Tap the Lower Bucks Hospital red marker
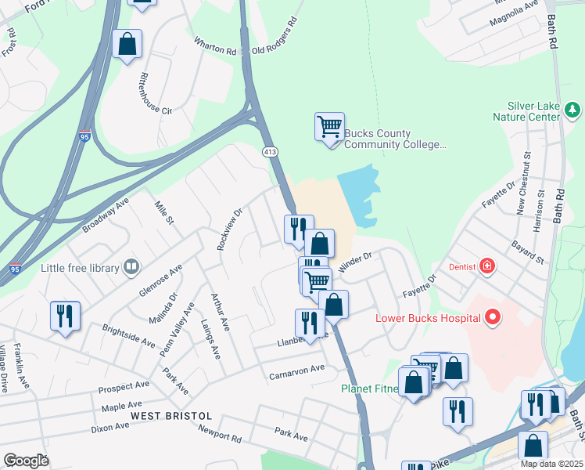tap(493, 317)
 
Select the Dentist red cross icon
tap(487, 266)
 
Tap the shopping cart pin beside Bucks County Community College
tap(329, 126)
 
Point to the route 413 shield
tap(270, 150)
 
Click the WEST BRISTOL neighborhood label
tap(171, 414)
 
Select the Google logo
tap(26, 461)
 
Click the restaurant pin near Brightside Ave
tap(64, 316)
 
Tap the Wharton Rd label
tap(215, 51)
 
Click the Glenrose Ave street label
tap(160, 279)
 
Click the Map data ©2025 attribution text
tap(551, 464)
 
